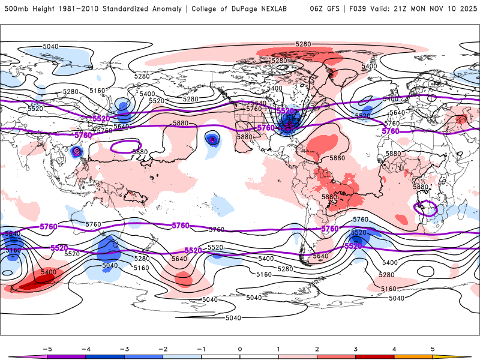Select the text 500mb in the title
point(16,9)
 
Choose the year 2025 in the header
point(469,9)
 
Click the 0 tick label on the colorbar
point(239,349)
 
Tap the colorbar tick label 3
point(355,349)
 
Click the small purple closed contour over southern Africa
point(427,208)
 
